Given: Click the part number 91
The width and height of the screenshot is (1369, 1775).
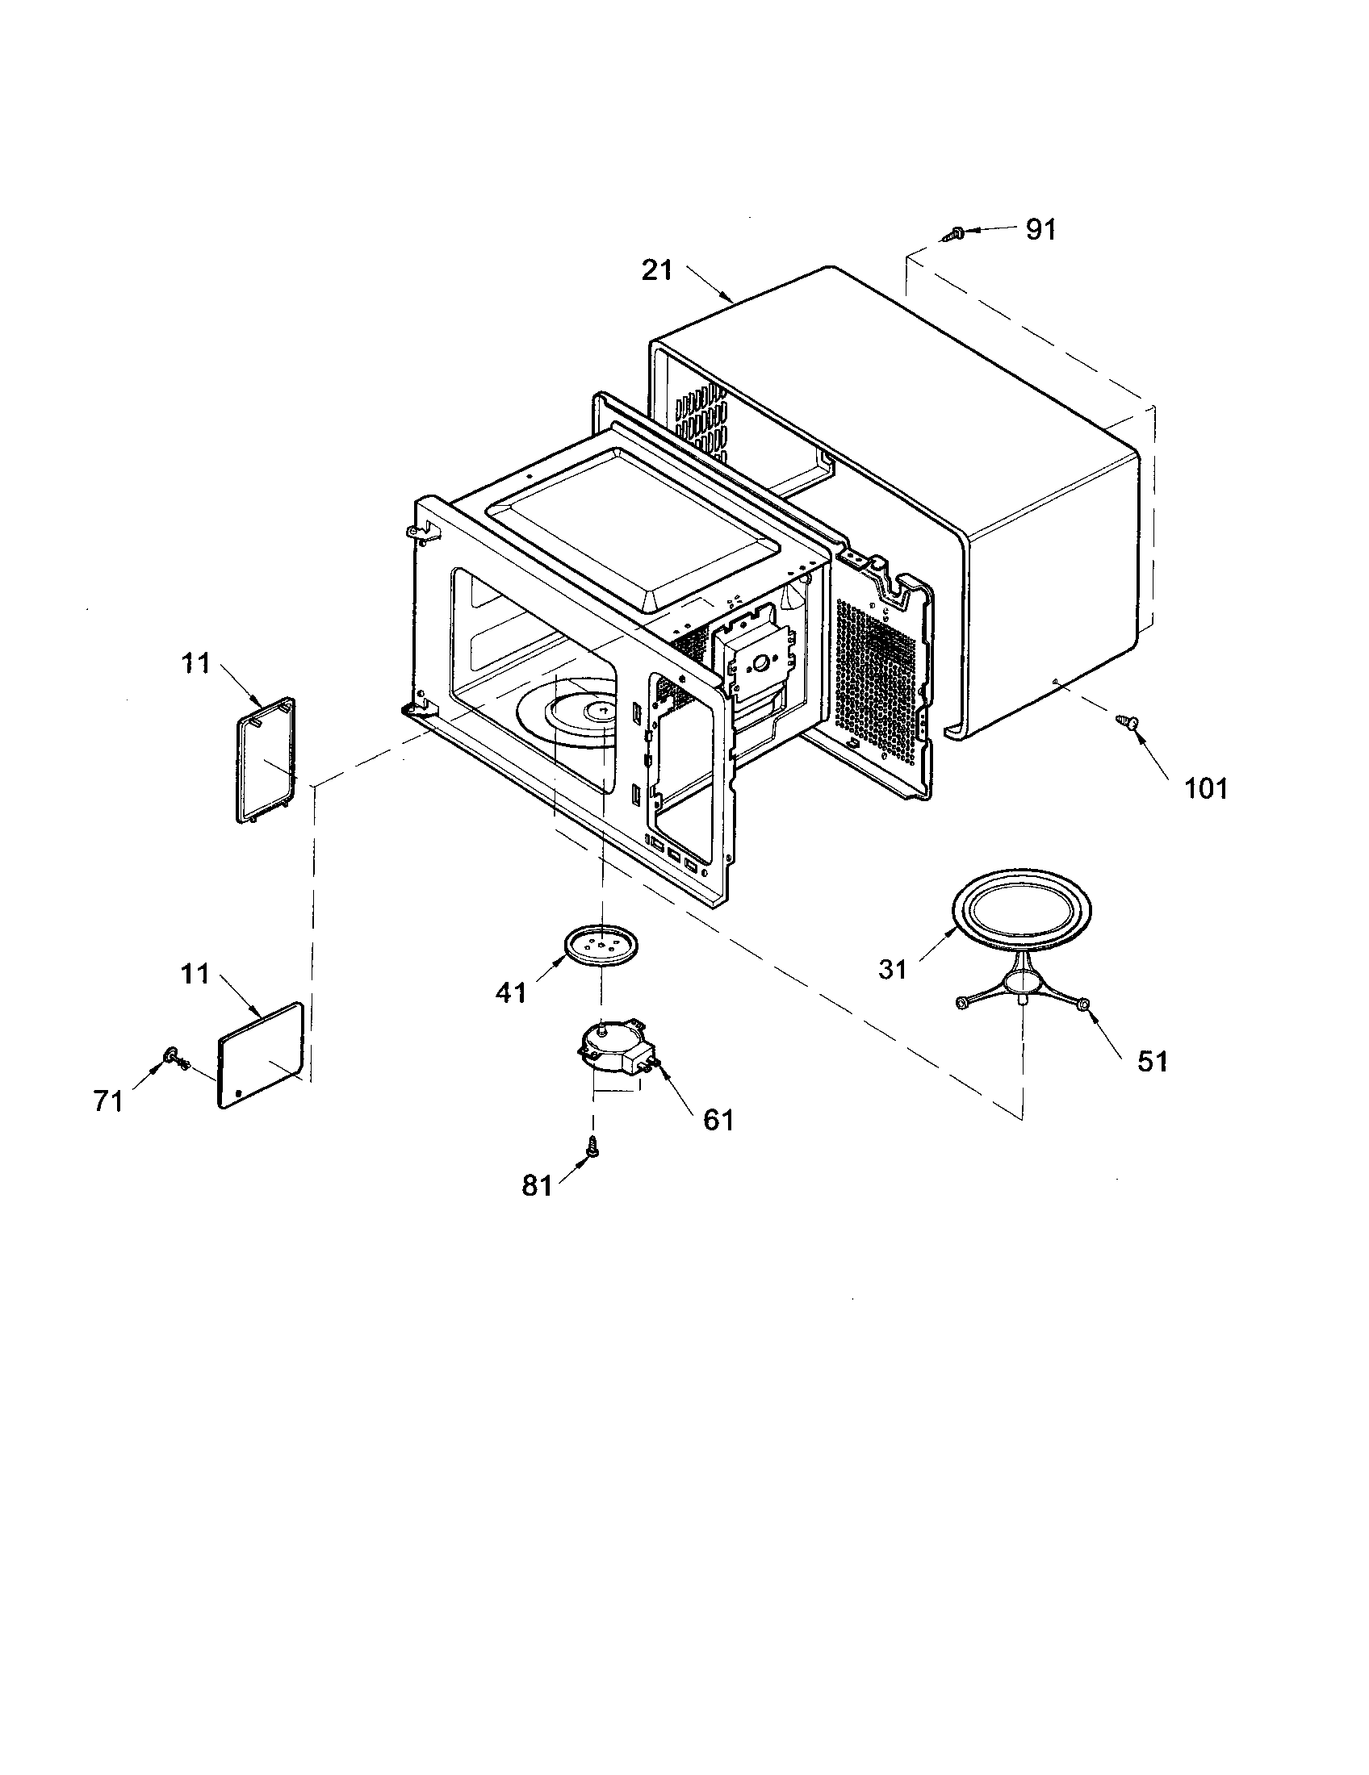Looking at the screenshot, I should point(1040,230).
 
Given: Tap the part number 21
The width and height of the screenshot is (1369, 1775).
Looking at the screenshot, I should point(657,269).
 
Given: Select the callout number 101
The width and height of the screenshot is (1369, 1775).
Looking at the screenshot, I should point(1205,787).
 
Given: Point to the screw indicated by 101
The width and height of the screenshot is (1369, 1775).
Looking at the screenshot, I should point(1126,720).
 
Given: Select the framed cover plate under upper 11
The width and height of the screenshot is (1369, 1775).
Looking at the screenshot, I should point(265,761).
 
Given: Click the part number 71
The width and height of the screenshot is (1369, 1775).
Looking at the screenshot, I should point(107,1101).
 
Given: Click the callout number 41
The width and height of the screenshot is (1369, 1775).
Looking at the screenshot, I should point(510,992).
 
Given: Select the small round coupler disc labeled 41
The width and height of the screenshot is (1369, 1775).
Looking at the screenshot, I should point(601,946).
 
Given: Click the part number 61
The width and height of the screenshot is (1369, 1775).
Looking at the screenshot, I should point(718,1119).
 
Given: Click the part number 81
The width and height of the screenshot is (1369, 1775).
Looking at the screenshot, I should point(537,1186).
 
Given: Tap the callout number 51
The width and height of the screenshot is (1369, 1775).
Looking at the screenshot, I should point(1151,1061).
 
